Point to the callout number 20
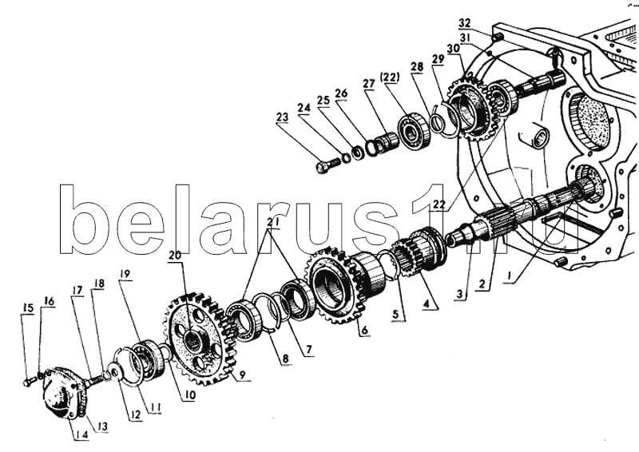click(175, 256)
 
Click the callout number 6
click(363, 329)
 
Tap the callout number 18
click(99, 283)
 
